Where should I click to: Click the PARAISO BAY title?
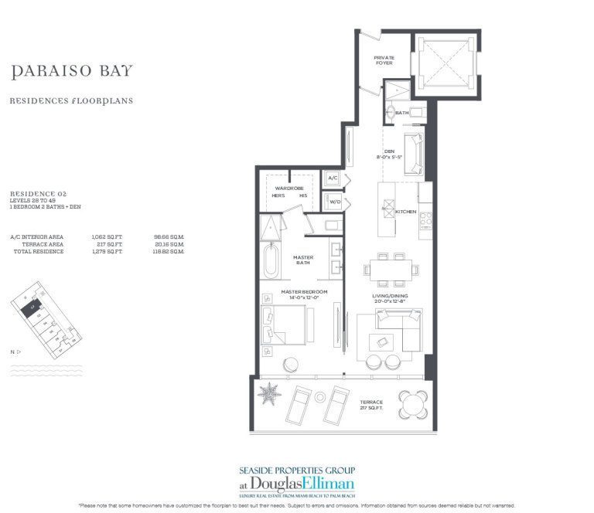[72, 72]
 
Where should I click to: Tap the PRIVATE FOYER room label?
[384, 60]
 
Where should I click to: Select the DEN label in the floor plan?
[389, 151]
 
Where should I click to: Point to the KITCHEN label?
[405, 211]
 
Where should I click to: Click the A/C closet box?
[333, 178]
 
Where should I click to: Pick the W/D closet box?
[333, 202]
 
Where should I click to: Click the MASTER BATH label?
[302, 260]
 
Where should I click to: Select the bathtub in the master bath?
[271, 261]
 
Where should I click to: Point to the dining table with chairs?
[393, 270]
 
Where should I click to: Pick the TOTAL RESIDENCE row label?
[37, 252]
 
